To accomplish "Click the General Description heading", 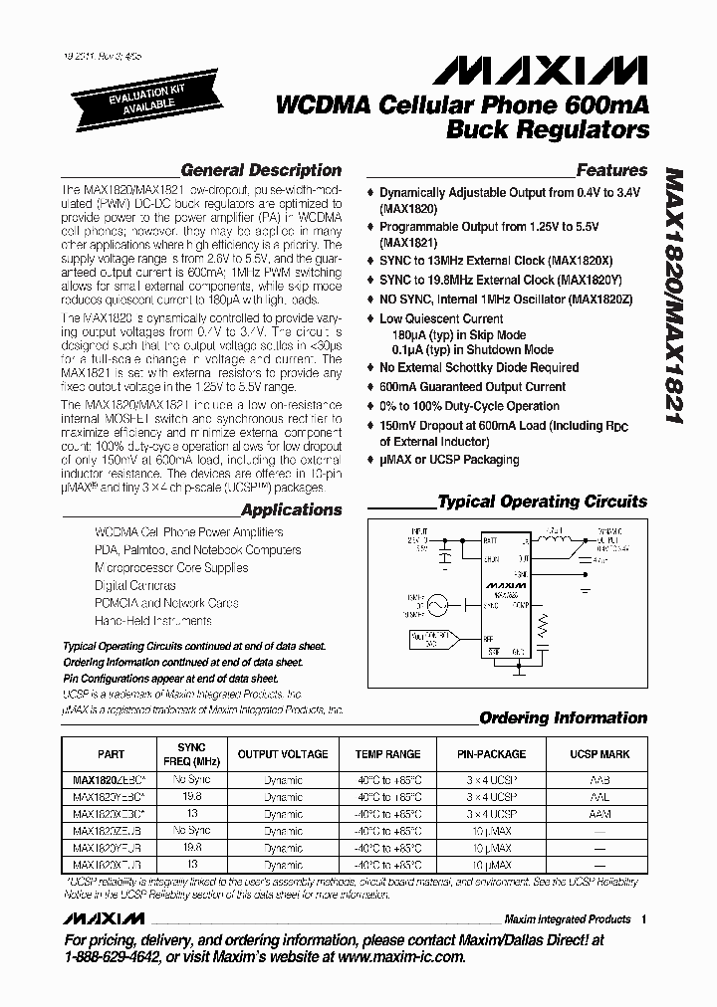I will (261, 170).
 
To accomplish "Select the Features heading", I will (610, 170).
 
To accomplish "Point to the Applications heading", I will (291, 509).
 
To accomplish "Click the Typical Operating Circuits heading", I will (542, 502).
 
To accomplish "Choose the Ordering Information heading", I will (563, 717).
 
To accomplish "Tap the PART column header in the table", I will (112, 754).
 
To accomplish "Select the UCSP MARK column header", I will (598, 754).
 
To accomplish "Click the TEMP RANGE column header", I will (387, 754).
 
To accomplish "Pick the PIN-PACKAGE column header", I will (491, 754).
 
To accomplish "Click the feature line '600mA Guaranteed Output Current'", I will (472, 387).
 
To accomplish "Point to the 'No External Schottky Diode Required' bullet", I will (478, 368).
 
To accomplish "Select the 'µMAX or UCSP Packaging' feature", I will (449, 460).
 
